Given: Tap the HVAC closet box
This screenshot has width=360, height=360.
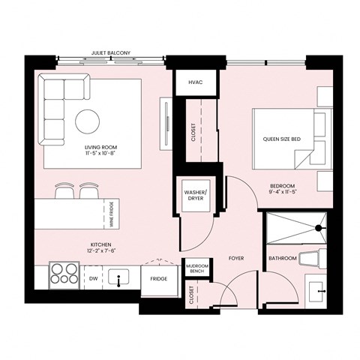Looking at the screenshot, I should (x=196, y=82).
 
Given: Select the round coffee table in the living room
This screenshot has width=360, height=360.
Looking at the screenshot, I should (x=87, y=121).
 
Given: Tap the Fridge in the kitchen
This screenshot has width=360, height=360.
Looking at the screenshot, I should (x=158, y=278).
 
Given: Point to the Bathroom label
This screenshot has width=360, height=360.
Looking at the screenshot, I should (x=283, y=259).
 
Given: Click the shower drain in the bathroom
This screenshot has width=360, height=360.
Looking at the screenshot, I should (x=319, y=227).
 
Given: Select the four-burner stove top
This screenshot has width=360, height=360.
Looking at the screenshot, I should (x=63, y=274).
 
